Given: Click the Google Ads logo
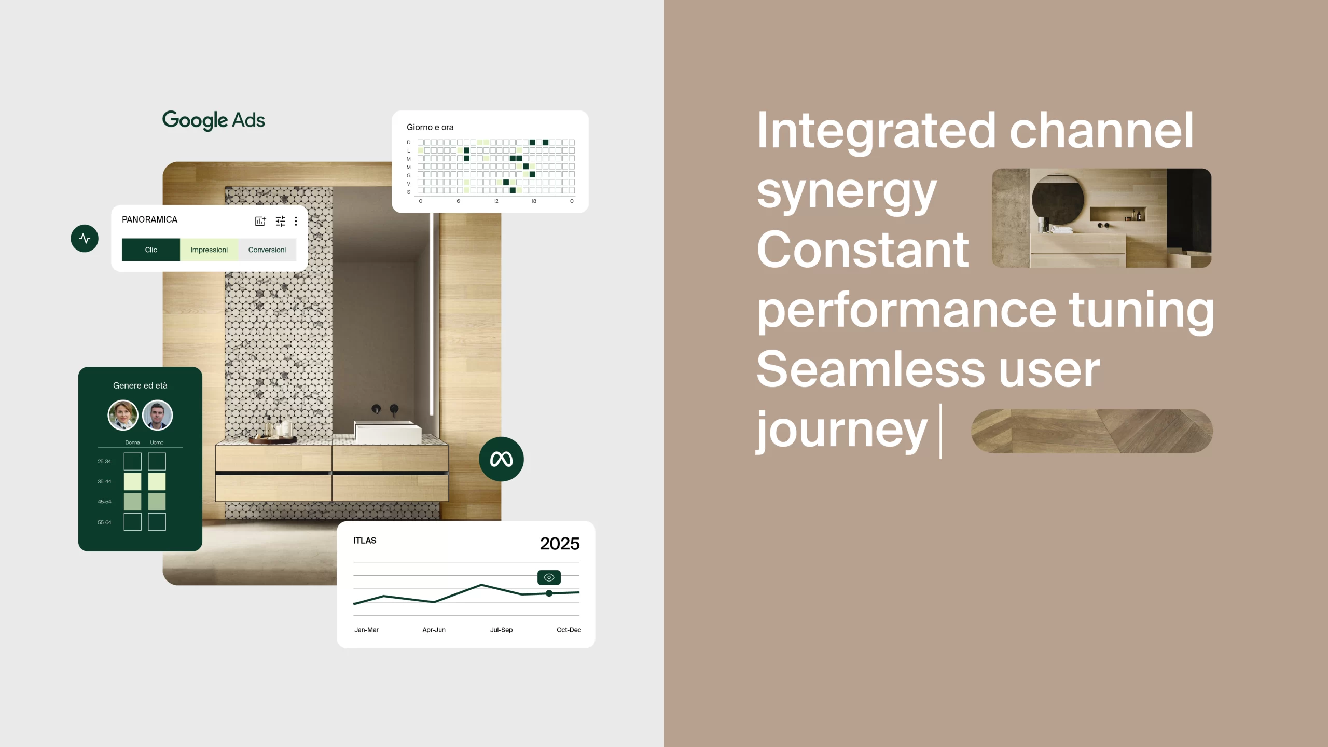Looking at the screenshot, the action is pos(213,120).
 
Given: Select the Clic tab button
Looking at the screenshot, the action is pos(151,250).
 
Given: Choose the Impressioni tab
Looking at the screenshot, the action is pos(209,250).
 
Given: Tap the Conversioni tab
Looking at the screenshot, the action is pos(267,250).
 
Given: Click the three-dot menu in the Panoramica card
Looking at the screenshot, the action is pos(296,222).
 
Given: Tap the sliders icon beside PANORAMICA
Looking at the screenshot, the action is pos(280,222).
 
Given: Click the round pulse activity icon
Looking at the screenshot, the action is pos(85,239).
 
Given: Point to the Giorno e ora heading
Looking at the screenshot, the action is pos(430,127).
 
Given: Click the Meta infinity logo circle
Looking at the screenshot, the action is pos(501,459).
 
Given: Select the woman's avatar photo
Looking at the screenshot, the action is pos(123,415).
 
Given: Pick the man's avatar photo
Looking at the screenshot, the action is pos(157,415).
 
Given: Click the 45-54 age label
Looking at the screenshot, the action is pos(104,502).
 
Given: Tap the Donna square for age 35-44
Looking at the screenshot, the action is pos(132,481).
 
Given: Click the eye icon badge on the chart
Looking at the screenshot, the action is pos(549,577).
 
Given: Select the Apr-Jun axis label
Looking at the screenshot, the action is pos(434,630).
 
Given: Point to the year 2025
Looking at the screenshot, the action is pos(560,544).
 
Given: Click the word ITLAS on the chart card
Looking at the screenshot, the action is pos(365,541).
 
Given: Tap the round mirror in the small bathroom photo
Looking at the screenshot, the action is pos(1058,200).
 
